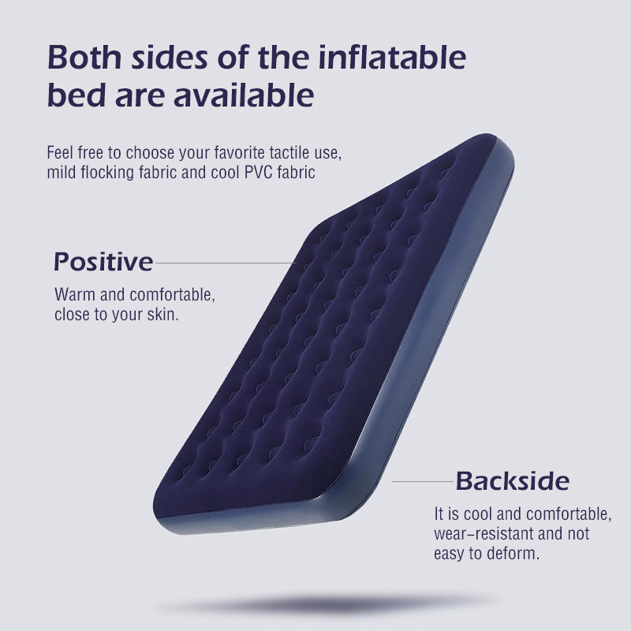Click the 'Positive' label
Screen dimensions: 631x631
103,261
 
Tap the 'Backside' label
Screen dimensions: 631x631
512,480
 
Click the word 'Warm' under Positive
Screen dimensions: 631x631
73,296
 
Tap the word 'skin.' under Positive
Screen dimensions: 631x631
163,315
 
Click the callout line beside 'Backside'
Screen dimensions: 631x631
422,480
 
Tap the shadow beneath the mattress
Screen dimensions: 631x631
331,603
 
